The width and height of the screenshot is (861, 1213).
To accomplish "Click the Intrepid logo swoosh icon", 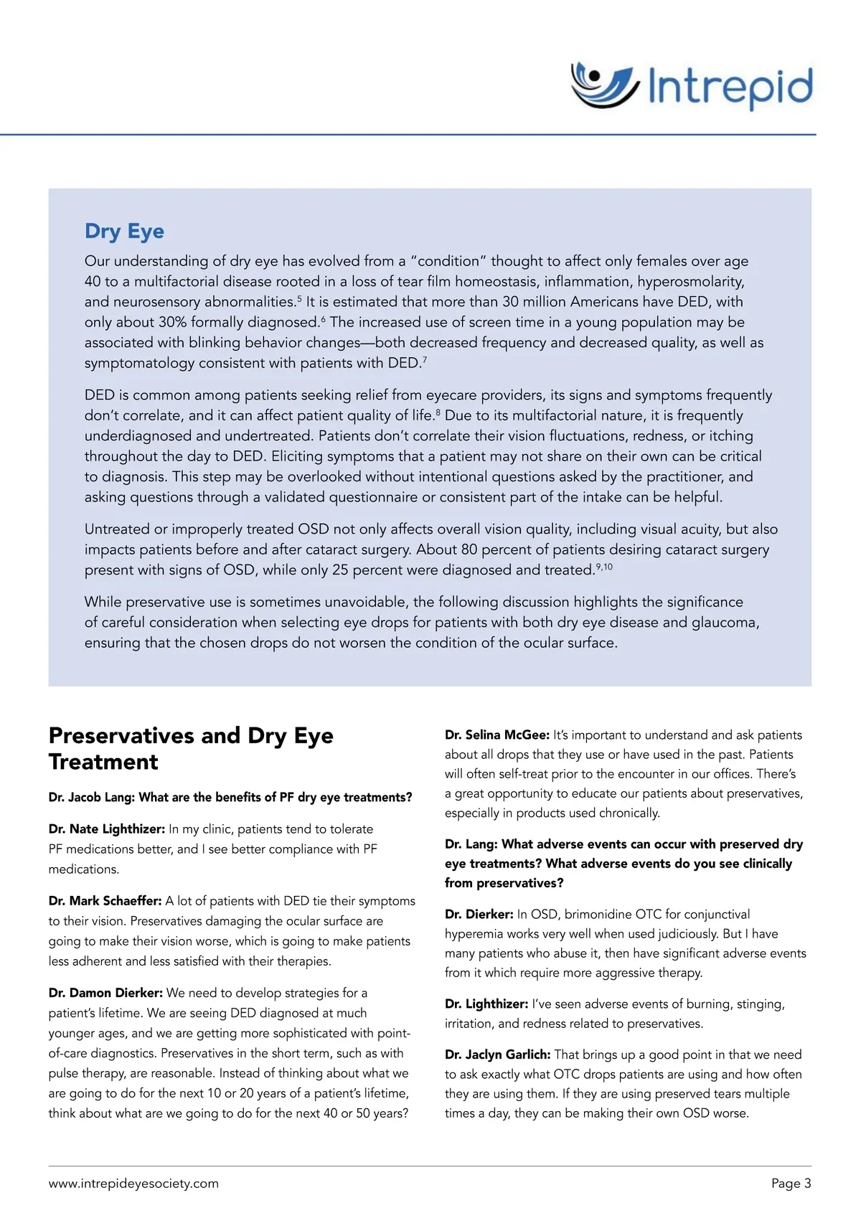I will [x=604, y=85].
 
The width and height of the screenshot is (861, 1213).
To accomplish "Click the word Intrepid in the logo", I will [x=730, y=88].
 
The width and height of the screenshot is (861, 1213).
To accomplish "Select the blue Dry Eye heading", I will [x=124, y=231].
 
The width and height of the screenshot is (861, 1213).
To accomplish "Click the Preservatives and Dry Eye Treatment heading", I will [x=191, y=748].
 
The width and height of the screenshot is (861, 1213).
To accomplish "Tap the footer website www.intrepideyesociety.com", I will [x=133, y=1184].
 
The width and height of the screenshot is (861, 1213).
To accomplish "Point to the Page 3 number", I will [x=791, y=1184].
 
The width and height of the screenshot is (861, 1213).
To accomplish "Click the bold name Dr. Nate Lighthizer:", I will [x=107, y=829].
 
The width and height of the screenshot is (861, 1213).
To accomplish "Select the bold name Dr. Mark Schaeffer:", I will [x=105, y=901].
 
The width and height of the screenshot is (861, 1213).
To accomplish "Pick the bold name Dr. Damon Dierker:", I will [x=105, y=993].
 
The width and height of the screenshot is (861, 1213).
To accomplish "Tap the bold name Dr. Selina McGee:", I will [x=497, y=735].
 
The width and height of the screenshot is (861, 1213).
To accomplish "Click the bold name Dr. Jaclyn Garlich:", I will [x=498, y=1054].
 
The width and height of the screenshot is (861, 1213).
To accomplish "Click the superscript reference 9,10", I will [x=604, y=567].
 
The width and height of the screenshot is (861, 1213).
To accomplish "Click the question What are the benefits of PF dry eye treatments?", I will [x=276, y=798].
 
